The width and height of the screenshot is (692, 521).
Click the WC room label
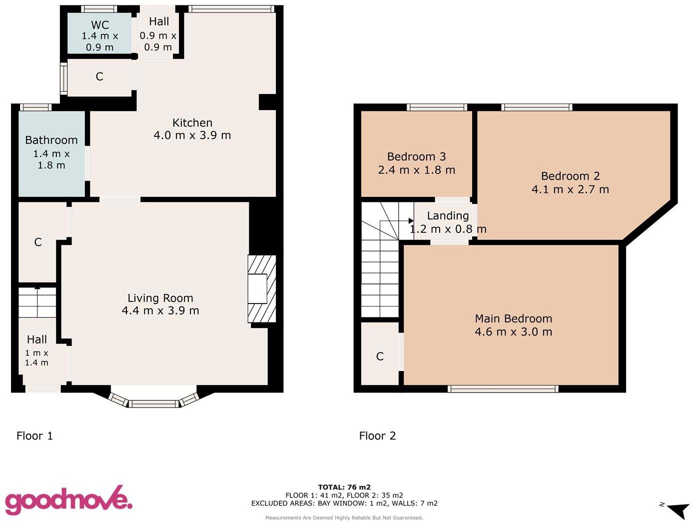(x=100, y=25)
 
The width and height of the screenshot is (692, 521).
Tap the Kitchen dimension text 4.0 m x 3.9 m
(x=192, y=135)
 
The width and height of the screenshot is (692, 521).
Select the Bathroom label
(x=51, y=140)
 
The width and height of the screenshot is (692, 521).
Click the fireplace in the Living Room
(x=261, y=289)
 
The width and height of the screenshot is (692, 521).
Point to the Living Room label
(x=160, y=298)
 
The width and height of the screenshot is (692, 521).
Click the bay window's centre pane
(x=154, y=403)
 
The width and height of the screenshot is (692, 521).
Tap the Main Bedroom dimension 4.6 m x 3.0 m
(x=513, y=332)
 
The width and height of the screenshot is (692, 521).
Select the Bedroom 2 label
(x=570, y=176)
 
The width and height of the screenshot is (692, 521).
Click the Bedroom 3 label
(x=416, y=156)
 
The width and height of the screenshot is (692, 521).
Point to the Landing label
(x=448, y=215)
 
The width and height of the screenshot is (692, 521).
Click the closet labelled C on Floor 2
(x=380, y=356)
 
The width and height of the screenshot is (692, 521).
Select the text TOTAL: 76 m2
(x=344, y=487)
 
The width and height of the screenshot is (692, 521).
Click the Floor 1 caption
(x=34, y=435)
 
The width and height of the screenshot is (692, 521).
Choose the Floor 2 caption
(x=377, y=435)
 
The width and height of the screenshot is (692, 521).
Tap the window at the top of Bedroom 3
(x=437, y=107)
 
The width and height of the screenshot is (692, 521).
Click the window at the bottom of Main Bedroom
(x=503, y=388)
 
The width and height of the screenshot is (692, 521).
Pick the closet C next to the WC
(x=99, y=76)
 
